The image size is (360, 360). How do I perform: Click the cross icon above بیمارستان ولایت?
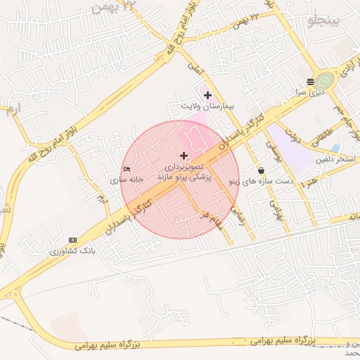[x=207, y=94]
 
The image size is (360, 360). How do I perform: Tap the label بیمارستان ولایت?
[x=207, y=107]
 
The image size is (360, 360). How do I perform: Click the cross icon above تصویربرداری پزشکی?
[x=184, y=155]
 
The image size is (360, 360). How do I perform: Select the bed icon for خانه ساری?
[x=127, y=169]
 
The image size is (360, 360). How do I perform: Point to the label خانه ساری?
[x=127, y=179]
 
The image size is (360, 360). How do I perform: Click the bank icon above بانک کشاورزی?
[x=73, y=240]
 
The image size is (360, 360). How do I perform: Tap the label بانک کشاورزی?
[x=73, y=250]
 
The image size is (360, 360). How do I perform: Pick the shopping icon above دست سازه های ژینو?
[x=262, y=170]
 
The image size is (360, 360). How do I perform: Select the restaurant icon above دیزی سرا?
[x=311, y=82]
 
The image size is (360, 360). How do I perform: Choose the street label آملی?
[x=195, y=67]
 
